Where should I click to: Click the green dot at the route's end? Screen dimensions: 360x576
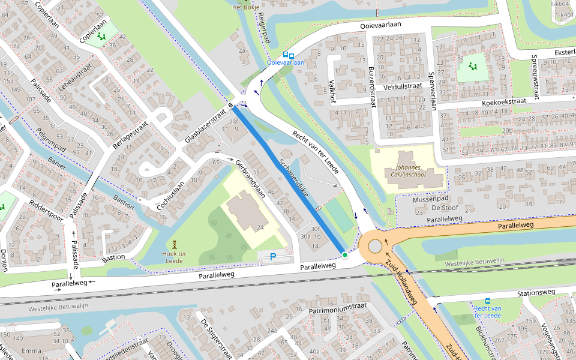tap(344, 255)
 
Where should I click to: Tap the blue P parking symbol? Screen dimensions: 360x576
tap(273, 257)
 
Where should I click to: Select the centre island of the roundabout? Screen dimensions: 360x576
tap(375, 247)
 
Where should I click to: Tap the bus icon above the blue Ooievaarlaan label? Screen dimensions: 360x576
tap(288, 55)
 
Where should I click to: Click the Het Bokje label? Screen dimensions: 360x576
tap(245, 7)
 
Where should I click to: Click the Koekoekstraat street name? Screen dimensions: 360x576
tap(504, 103)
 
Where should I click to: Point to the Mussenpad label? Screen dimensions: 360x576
tap(431, 198)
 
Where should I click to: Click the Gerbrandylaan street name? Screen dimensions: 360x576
tap(250, 179)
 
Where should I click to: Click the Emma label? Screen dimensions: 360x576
tap(31, 350)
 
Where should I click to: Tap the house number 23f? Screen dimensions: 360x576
tap(233, 122)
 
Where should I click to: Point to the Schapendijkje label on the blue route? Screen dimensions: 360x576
tap(293, 179)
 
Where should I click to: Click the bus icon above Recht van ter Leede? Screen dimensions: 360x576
tap(487, 302)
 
